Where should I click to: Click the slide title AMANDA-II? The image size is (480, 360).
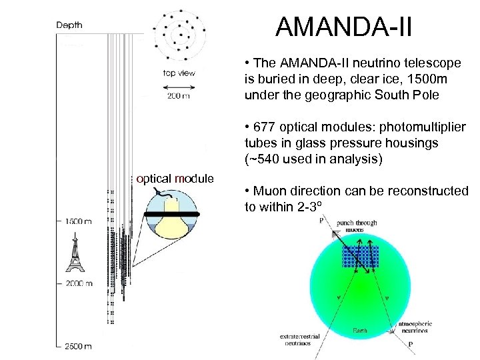(x=344, y=28)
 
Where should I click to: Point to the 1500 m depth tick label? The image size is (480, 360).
(x=78, y=219)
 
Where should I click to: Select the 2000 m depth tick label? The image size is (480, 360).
(x=78, y=283)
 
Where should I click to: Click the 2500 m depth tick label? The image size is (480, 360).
(x=78, y=346)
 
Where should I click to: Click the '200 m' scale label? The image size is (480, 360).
(x=177, y=97)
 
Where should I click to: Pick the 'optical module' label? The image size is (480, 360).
(x=175, y=179)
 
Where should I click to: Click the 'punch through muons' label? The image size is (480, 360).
(x=357, y=227)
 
